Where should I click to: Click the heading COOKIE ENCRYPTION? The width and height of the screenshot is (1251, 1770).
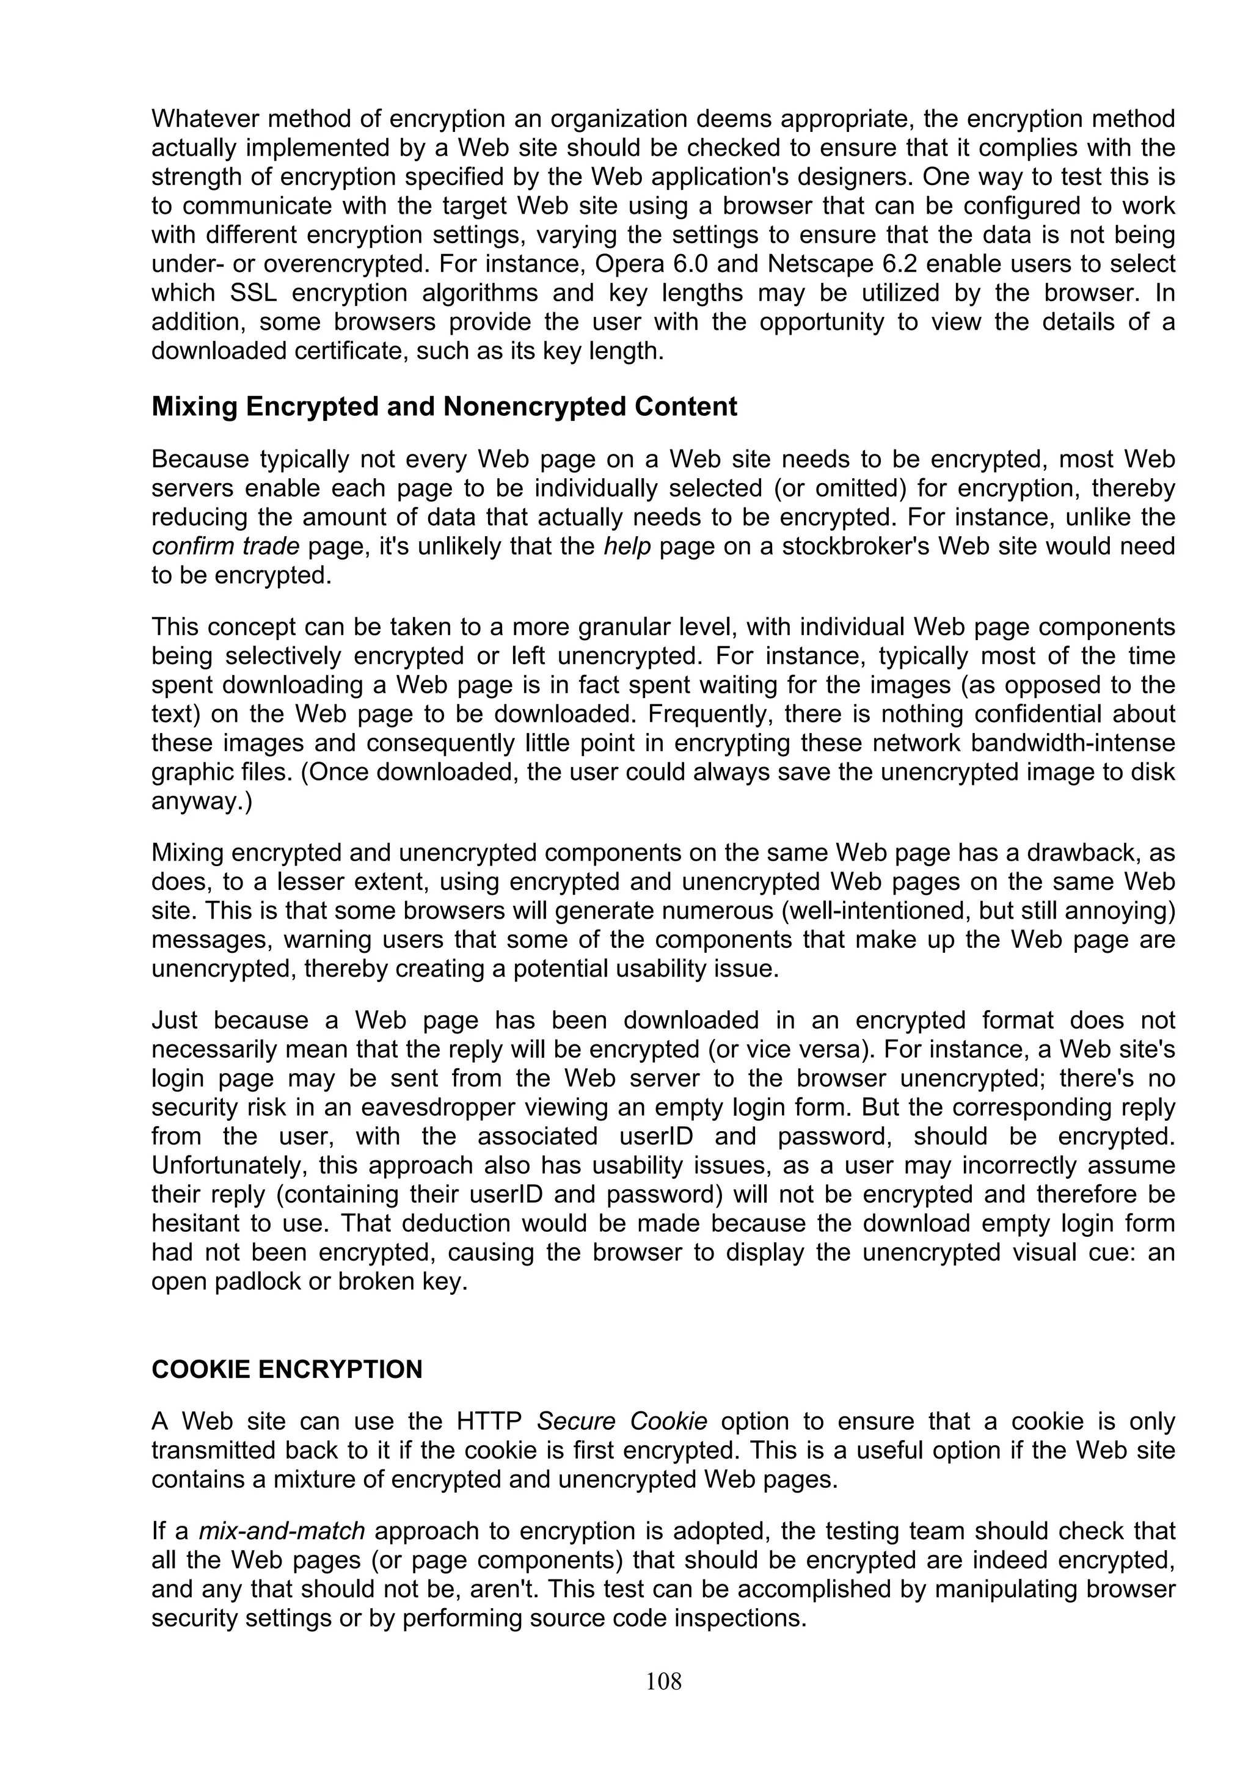point(286,1369)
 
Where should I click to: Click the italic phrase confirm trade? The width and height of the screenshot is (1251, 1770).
point(225,547)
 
